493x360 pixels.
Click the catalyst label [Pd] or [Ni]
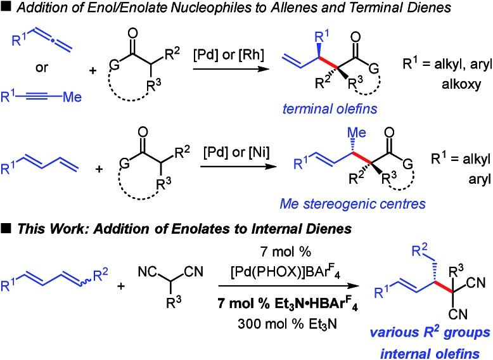coord(222,155)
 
